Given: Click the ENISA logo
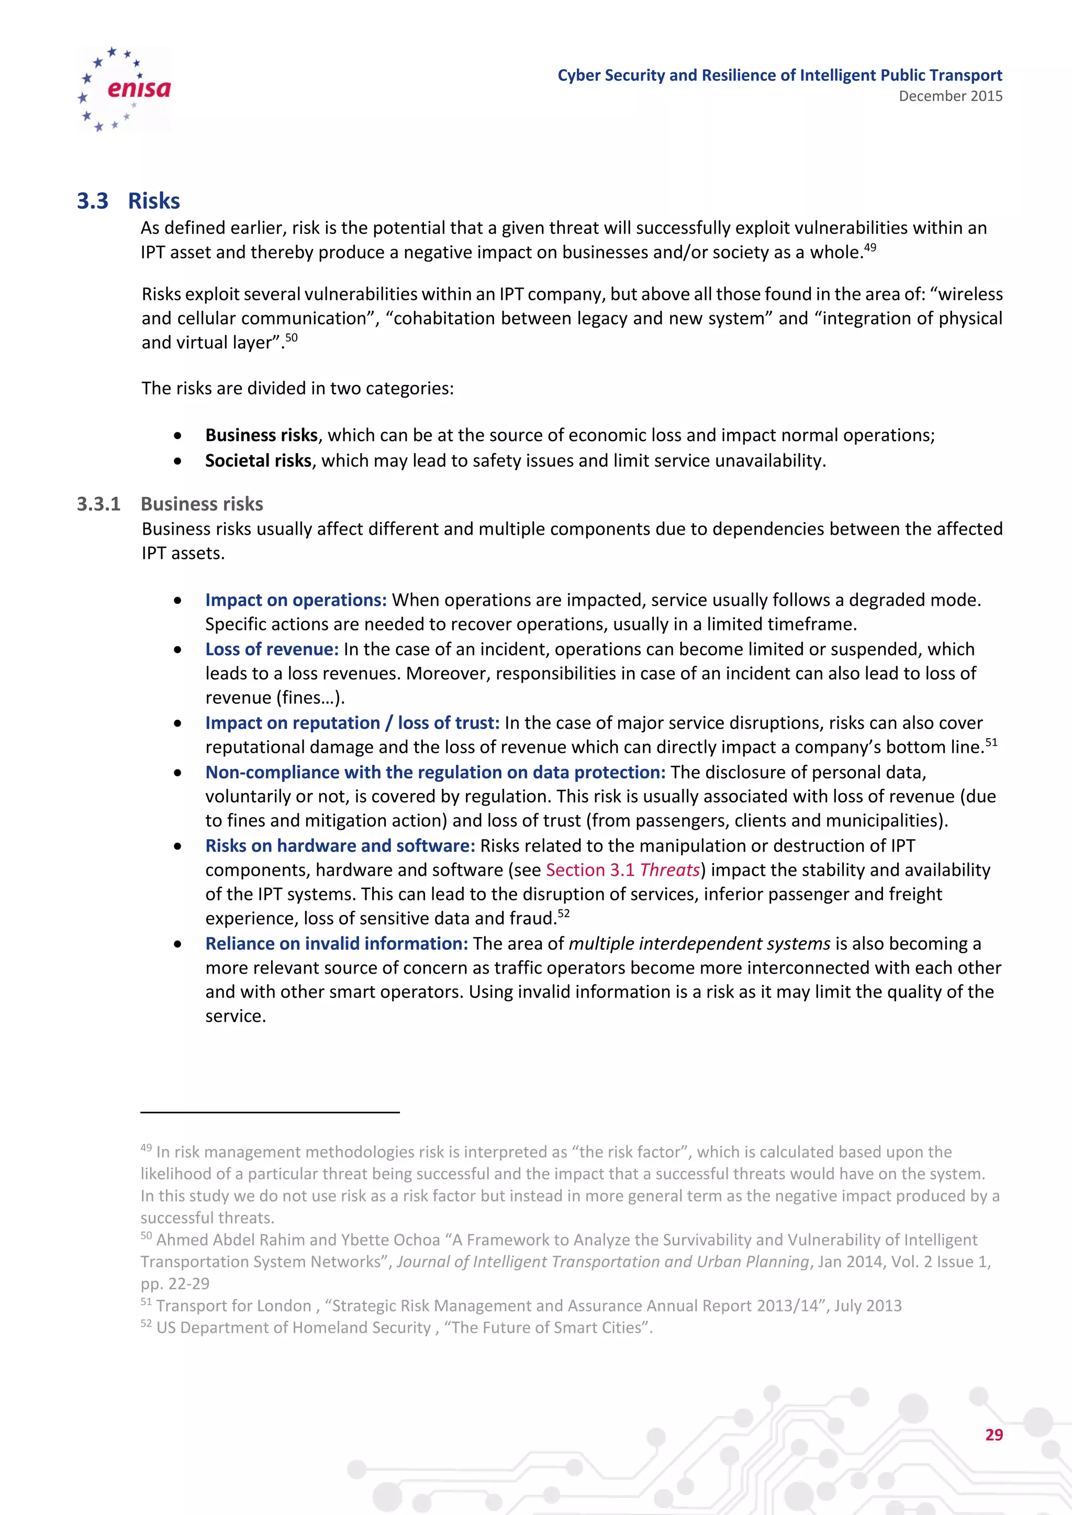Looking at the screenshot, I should [124, 89].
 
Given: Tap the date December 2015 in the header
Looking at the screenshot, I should [950, 96].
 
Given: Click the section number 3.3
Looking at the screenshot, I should [93, 201].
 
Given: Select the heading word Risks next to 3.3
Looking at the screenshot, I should [154, 201].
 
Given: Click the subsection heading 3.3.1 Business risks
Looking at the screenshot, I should [170, 504].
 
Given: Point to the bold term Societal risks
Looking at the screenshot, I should [258, 460].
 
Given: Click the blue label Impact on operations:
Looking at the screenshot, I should [296, 600].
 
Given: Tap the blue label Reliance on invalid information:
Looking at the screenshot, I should [337, 944].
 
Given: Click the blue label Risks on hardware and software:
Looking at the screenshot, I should [340, 846].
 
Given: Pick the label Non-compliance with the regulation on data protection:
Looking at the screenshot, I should [435, 773].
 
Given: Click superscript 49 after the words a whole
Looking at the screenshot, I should [870, 247].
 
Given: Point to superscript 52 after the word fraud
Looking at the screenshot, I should [563, 914].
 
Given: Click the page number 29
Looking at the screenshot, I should [993, 1435].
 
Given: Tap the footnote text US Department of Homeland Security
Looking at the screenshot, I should [293, 1328].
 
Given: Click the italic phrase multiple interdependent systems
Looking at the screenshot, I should [699, 944].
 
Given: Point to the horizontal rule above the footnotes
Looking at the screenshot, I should [270, 1113].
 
